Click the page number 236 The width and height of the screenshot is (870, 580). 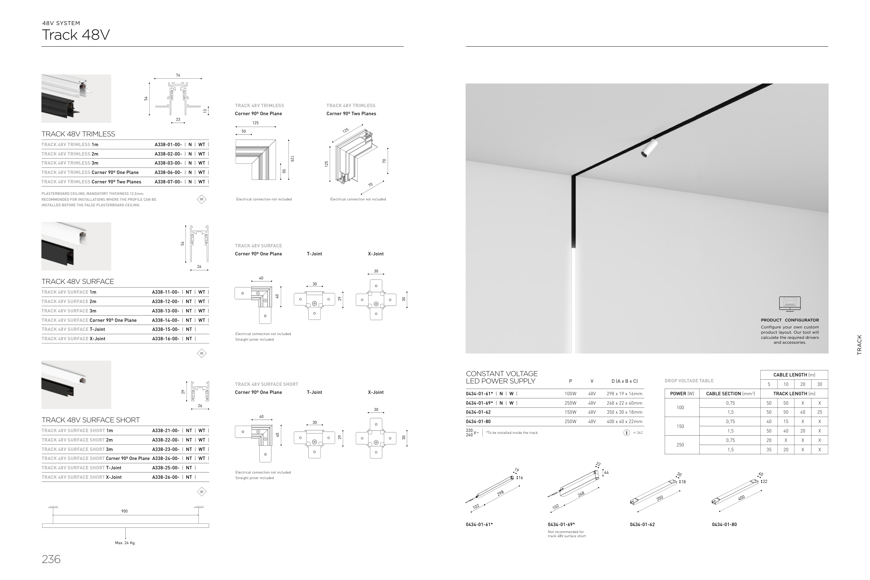tap(51, 559)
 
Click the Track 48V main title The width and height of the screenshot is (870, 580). tap(76, 35)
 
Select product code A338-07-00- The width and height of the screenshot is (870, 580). tap(168, 182)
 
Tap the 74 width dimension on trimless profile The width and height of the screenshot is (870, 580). tap(178, 75)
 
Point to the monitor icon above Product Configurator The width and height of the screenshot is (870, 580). tap(789, 303)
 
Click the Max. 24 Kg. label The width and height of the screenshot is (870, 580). tap(125, 543)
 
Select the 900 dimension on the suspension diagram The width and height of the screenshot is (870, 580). tap(124, 511)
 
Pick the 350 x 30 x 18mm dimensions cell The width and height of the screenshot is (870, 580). tap(624, 412)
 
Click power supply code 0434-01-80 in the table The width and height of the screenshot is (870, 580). tap(478, 421)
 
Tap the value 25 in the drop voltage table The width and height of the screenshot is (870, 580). tap(819, 412)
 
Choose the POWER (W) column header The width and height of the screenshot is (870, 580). tap(682, 394)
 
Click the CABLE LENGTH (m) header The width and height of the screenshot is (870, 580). tap(794, 375)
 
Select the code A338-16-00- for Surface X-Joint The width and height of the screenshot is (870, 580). tap(165, 339)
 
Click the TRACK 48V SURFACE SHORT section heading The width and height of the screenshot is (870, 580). tap(90, 420)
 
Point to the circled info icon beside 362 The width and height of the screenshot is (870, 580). tap(626, 432)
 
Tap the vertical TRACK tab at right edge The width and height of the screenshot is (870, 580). tap(859, 345)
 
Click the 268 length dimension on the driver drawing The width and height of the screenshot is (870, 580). tap(581, 494)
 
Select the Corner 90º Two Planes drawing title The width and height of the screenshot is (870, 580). tap(351, 113)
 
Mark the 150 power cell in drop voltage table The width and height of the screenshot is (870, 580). tap(680, 426)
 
